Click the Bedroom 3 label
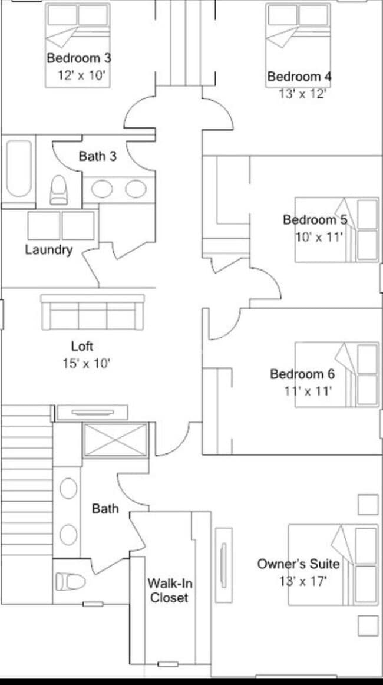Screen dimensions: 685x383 click(79, 58)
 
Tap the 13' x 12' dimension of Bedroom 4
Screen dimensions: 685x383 click(302, 94)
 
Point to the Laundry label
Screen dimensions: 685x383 click(48, 249)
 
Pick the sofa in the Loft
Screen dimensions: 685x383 click(93, 312)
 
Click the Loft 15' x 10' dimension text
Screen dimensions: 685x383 click(86, 363)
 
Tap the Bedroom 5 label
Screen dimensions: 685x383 click(315, 220)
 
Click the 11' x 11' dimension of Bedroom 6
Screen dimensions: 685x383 click(308, 390)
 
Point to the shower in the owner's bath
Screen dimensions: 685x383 click(115, 440)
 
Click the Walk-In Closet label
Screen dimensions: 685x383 click(170, 590)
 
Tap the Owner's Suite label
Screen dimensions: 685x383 click(298, 564)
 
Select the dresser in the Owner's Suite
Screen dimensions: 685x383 click(223, 565)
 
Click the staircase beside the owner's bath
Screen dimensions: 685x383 click(27, 483)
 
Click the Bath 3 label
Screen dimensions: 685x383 click(98, 156)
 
